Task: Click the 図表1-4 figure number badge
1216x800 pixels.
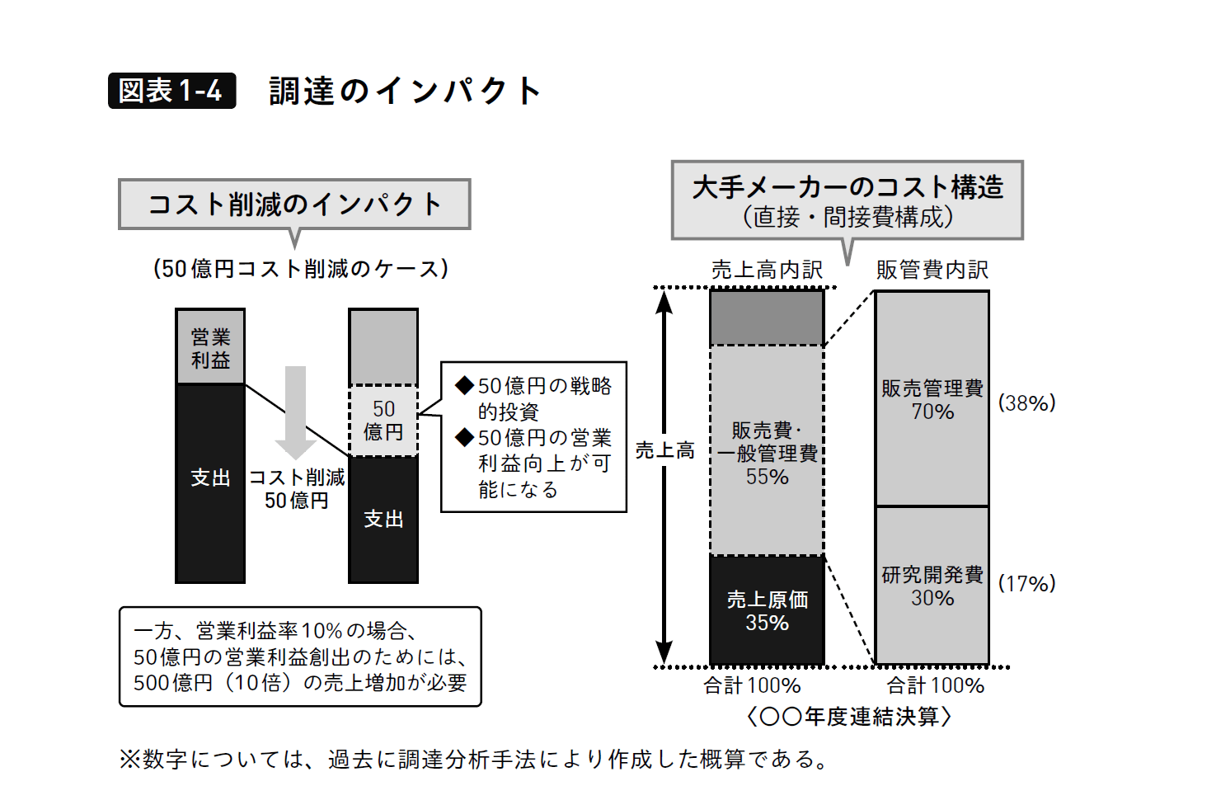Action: (171, 91)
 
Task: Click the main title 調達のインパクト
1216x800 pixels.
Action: (404, 91)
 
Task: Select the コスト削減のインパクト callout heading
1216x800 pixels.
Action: (294, 204)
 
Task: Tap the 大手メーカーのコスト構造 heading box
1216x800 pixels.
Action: (847, 200)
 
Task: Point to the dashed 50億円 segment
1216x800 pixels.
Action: (383, 421)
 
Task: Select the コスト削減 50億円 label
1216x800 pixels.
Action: (297, 489)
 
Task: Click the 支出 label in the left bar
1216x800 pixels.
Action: (210, 478)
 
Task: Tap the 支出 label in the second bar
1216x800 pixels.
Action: (383, 520)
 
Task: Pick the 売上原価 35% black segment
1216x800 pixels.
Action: (767, 611)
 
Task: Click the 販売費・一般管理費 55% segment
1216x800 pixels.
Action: (767, 453)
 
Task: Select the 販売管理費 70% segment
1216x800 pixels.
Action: (932, 400)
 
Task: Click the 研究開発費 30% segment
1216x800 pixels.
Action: (932, 586)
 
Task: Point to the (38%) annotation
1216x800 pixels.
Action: (1026, 403)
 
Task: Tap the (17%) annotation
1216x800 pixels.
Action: (1026, 584)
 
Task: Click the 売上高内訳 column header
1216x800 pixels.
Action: (767, 270)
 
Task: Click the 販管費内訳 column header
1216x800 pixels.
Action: (932, 270)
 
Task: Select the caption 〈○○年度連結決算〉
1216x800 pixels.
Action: (849, 717)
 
